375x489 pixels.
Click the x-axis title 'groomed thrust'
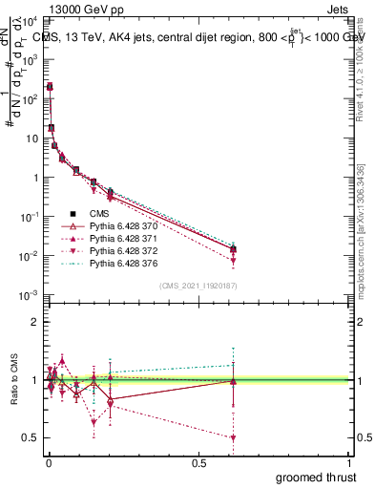click(x=317, y=477)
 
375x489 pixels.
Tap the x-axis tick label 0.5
click(x=198, y=461)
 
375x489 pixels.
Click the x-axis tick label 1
click(x=350, y=461)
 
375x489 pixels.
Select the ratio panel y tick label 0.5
click(x=29, y=437)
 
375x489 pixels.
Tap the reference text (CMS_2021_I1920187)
click(x=198, y=285)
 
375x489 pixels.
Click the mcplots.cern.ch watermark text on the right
click(x=361, y=229)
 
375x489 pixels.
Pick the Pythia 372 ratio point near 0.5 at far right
click(x=233, y=437)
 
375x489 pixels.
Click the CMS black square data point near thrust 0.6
click(x=233, y=249)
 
